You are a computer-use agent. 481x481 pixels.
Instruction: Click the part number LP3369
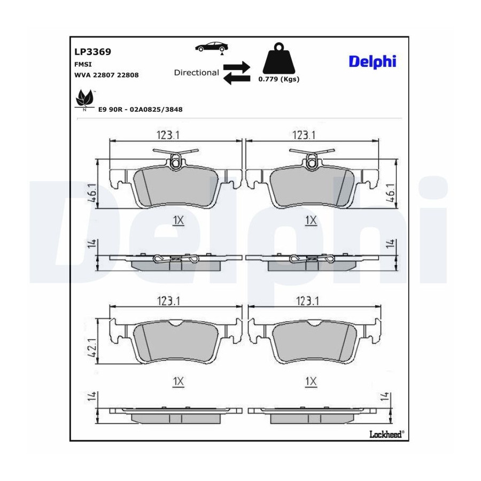(x=92, y=52)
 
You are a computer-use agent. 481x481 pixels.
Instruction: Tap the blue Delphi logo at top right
(x=373, y=61)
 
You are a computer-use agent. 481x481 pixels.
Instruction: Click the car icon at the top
(x=212, y=47)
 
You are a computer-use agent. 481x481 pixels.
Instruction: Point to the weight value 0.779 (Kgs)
(x=279, y=79)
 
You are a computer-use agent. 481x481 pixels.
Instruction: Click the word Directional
(x=196, y=73)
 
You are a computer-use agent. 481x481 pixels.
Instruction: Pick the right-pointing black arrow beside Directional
(x=237, y=67)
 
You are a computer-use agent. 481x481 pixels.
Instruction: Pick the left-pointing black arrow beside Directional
(x=237, y=79)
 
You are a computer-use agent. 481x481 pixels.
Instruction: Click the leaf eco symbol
(x=84, y=99)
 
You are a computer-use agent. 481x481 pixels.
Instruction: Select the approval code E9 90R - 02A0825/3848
(x=140, y=110)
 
